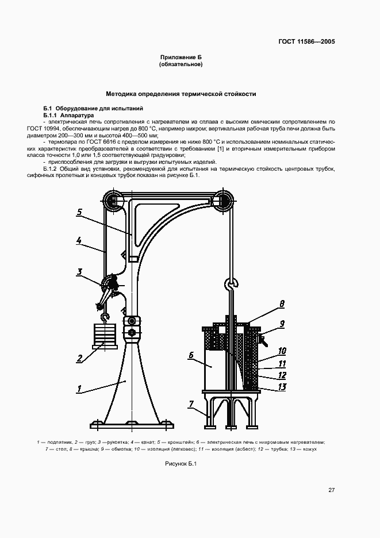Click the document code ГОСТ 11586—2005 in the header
click(x=307, y=41)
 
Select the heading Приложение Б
click(x=181, y=58)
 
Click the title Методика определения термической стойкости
click(x=181, y=94)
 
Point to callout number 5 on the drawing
click(x=80, y=211)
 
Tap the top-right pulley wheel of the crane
click(x=223, y=201)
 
